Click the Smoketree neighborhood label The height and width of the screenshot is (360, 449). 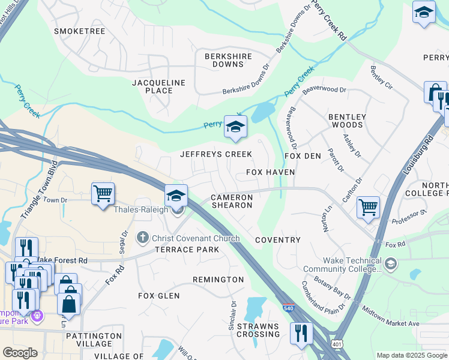click(x=79, y=31)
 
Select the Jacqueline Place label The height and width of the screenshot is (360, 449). click(x=158, y=86)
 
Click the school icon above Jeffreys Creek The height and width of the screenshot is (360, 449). click(x=235, y=127)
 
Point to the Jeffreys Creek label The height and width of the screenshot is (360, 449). click(x=216, y=154)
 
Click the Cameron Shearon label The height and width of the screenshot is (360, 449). click(x=231, y=201)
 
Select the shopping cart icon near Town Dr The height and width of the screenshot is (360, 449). click(x=103, y=194)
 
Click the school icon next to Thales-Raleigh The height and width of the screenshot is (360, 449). click(x=176, y=195)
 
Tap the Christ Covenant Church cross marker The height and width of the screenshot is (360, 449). click(x=142, y=238)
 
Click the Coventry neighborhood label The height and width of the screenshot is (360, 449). click(x=277, y=240)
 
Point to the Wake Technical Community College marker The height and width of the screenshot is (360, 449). click(x=391, y=264)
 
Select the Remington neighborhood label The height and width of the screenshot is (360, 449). click(x=218, y=280)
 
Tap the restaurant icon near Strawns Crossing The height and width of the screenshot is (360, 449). click(x=301, y=332)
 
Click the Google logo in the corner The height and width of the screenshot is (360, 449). click(x=20, y=353)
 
